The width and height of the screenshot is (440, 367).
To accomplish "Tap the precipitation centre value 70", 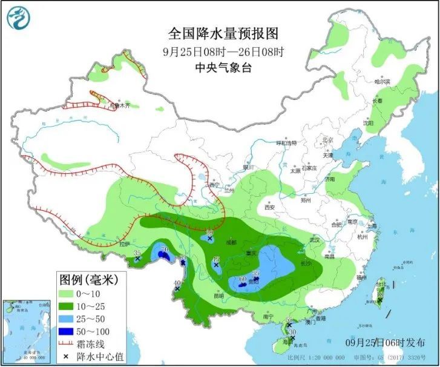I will [163, 249].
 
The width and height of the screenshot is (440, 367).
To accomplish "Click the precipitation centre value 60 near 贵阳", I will [243, 279].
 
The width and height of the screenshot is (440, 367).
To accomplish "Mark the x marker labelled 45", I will [216, 266].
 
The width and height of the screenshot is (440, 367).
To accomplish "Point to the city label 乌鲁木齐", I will [119, 106].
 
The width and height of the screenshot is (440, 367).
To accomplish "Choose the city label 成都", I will [231, 242].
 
